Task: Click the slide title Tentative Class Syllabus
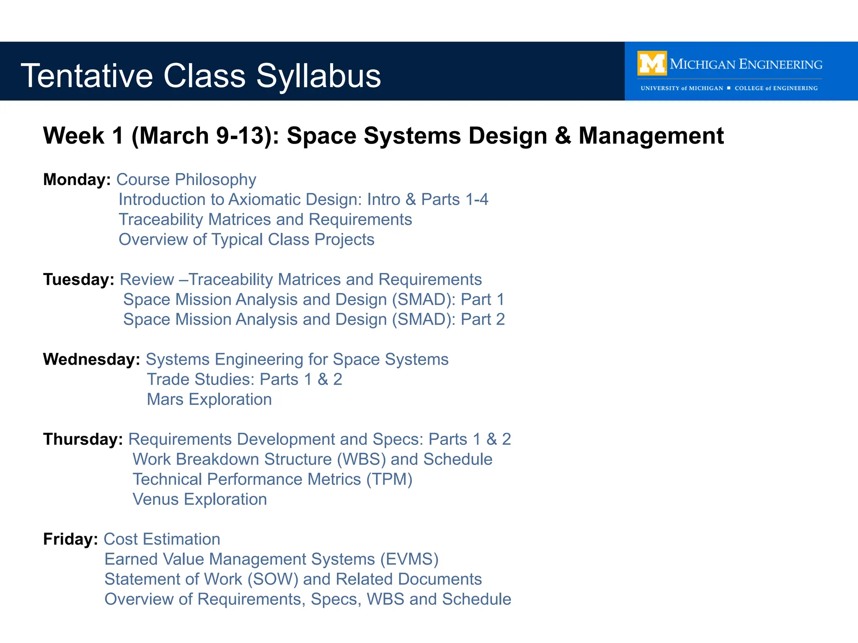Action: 201,76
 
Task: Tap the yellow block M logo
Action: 652,63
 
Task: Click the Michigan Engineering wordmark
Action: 746,64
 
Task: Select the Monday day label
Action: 77,180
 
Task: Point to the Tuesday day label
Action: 78,280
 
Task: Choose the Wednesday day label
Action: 91,360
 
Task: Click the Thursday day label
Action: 83,440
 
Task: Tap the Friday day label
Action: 70,540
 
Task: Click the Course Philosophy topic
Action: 186,180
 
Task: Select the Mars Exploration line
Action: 209,399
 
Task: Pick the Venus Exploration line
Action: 199,499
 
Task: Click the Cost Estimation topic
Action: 162,540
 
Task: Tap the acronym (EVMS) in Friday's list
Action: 409,560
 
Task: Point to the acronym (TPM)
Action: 389,479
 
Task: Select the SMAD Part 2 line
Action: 314,320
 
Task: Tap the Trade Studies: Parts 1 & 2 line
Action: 244,380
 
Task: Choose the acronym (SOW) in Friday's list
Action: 273,579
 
